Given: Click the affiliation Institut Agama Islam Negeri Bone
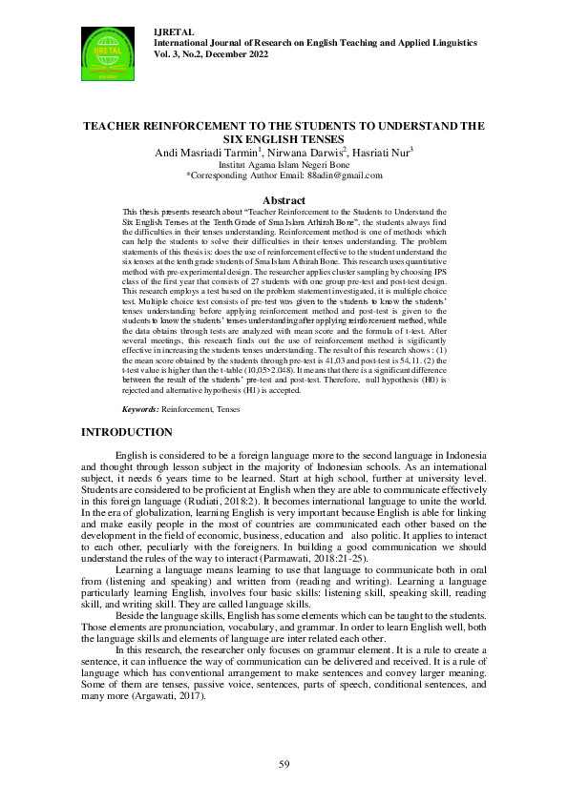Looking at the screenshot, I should coord(284,164).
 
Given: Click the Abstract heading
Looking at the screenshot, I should coord(284,200).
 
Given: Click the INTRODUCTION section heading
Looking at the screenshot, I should coord(127,433).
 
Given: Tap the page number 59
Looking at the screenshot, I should coord(284,765).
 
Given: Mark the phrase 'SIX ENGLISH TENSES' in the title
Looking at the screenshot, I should coord(284,137).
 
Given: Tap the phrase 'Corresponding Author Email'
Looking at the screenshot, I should coord(246,175).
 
